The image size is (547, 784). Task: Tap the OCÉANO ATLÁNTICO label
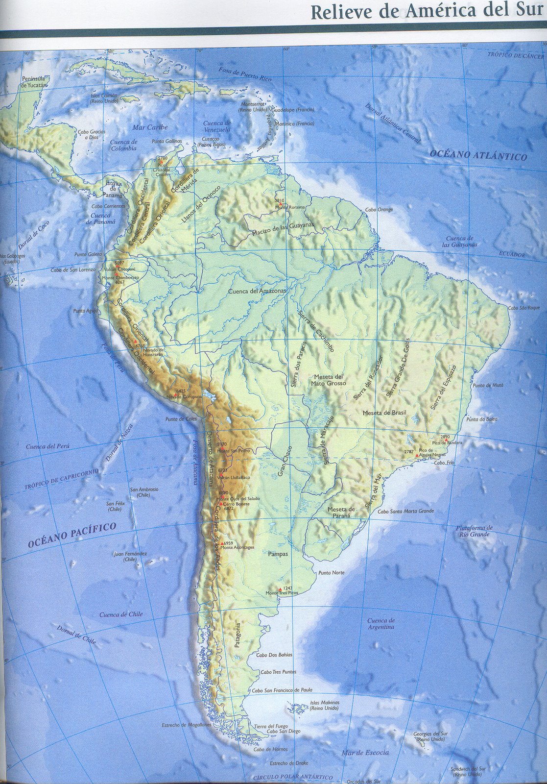tap(478, 155)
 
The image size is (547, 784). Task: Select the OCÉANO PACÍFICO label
tap(72, 535)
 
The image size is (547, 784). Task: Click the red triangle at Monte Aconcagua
tap(222, 544)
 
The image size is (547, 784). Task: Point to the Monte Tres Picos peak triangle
tap(280, 589)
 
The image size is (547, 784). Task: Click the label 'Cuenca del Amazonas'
tap(257, 292)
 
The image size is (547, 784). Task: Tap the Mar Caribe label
tap(150, 127)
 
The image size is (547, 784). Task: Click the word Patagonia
tap(238, 636)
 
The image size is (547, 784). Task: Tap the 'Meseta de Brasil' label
tap(384, 413)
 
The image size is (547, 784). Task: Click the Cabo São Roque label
tap(523, 307)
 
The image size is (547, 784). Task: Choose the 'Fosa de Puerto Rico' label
tap(245, 75)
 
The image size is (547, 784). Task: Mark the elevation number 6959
tap(228, 543)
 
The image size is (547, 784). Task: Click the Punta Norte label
tap(331, 573)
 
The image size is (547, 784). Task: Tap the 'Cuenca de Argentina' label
tap(381, 624)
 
